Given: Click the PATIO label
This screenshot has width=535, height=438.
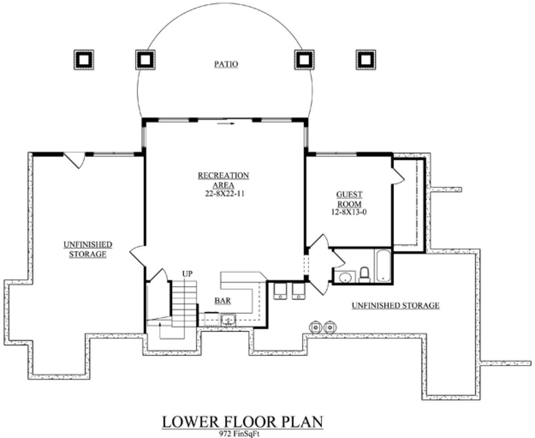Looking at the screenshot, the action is click(x=226, y=64).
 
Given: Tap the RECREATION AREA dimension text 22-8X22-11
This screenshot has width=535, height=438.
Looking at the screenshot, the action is click(x=225, y=194).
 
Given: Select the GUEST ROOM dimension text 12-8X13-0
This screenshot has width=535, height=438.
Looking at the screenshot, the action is click(x=349, y=212).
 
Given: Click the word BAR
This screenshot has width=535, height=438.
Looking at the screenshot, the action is click(x=223, y=300).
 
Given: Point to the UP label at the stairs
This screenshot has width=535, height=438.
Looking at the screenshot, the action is click(x=187, y=274).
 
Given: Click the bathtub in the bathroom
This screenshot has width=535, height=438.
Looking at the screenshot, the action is click(x=383, y=266).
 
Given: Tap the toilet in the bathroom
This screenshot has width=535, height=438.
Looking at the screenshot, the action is click(x=365, y=275).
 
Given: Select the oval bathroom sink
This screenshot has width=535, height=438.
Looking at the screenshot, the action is click(x=345, y=277).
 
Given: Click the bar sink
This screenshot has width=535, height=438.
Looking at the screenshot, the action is click(x=228, y=320).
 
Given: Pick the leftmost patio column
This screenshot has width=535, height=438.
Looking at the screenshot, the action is click(x=84, y=60).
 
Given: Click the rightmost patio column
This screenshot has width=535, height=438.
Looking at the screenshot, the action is click(x=366, y=60).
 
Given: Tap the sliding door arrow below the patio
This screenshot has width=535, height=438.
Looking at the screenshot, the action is click(x=226, y=124).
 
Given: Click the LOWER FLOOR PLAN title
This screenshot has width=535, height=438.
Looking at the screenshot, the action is click(x=243, y=422).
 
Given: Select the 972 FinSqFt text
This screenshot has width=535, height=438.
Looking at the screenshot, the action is click(x=239, y=434).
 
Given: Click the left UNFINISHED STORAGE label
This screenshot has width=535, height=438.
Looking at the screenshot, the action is click(x=88, y=250).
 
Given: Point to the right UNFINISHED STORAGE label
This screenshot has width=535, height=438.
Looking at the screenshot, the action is click(x=395, y=305).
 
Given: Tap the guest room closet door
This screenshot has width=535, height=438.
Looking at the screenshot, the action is click(x=398, y=175).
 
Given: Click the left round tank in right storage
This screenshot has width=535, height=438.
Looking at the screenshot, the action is click(x=315, y=328).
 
